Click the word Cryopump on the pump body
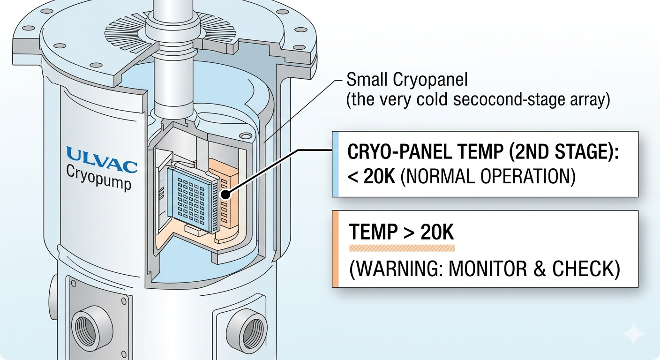point(98,178)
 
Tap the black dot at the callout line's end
point(225,195)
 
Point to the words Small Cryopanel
point(407,79)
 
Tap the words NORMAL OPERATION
point(488,177)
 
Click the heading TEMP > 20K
point(402,232)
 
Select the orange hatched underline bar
point(402,248)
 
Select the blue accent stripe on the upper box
point(335,164)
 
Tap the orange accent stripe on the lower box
point(335,249)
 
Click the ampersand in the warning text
point(540,269)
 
